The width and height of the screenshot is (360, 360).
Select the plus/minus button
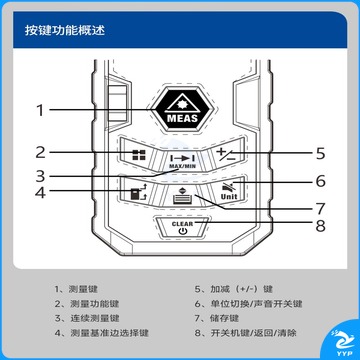click(226, 154)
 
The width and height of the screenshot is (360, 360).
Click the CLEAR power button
click(182, 227)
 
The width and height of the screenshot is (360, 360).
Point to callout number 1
click(40, 110)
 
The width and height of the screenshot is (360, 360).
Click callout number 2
click(40, 152)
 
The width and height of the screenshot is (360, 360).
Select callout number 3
click(40, 176)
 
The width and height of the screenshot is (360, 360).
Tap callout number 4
click(40, 192)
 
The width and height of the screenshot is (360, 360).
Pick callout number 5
click(320, 153)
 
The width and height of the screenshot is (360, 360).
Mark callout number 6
click(320, 181)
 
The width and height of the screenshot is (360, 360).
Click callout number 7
click(320, 209)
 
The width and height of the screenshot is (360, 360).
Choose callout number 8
click(320, 226)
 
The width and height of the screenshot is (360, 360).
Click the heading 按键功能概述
click(65, 30)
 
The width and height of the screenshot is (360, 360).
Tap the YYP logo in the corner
click(343, 343)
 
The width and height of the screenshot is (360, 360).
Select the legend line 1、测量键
click(76, 289)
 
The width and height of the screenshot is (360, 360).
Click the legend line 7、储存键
click(217, 318)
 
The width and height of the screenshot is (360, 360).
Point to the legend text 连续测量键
click(95, 318)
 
